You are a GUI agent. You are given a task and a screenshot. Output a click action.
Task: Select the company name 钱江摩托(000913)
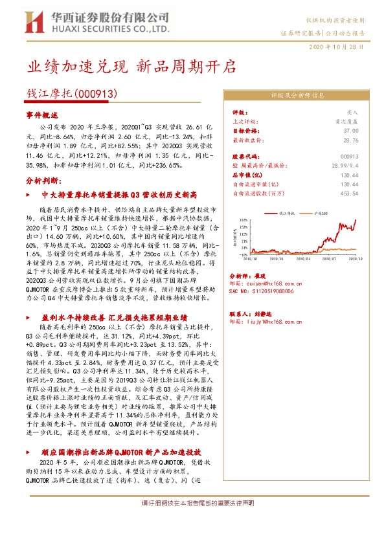(71, 94)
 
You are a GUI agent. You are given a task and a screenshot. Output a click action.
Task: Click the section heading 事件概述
(42, 114)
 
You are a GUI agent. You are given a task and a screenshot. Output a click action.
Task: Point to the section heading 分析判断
(42, 180)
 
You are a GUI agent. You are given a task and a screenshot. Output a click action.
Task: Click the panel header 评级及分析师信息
(297, 95)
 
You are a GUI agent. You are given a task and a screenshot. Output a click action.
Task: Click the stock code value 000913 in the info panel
(349, 157)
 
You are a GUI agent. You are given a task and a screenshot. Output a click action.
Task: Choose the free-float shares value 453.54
(348, 193)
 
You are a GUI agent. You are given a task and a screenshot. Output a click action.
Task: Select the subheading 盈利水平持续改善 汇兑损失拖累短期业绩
(114, 318)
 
